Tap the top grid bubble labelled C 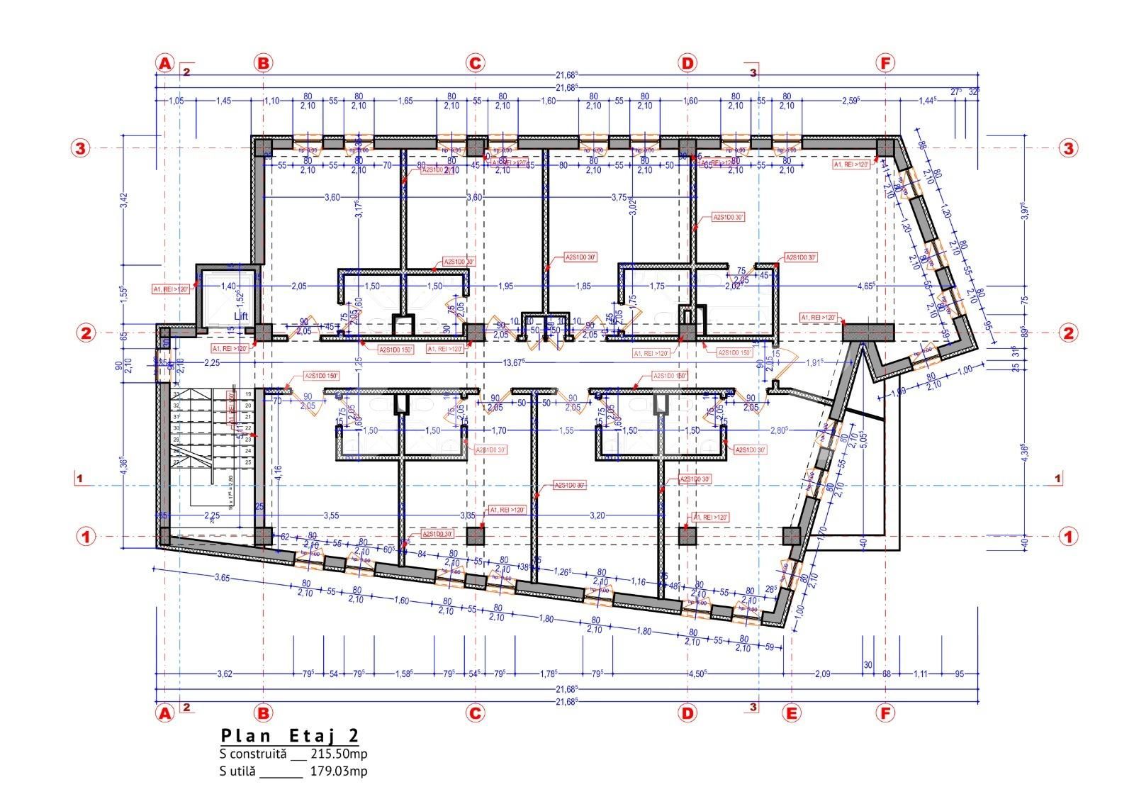coord(475,63)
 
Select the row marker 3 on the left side coord(80,148)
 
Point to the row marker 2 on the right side coord(1068,333)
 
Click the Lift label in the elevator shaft coord(241,316)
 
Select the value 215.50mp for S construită coord(339,754)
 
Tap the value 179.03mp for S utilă coord(339,771)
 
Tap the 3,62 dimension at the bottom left coord(224,674)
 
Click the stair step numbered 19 coord(249,393)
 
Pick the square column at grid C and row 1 coord(476,536)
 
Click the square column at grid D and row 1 coord(687,536)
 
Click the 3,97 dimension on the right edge coord(1023,211)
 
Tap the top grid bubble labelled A coord(164,63)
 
